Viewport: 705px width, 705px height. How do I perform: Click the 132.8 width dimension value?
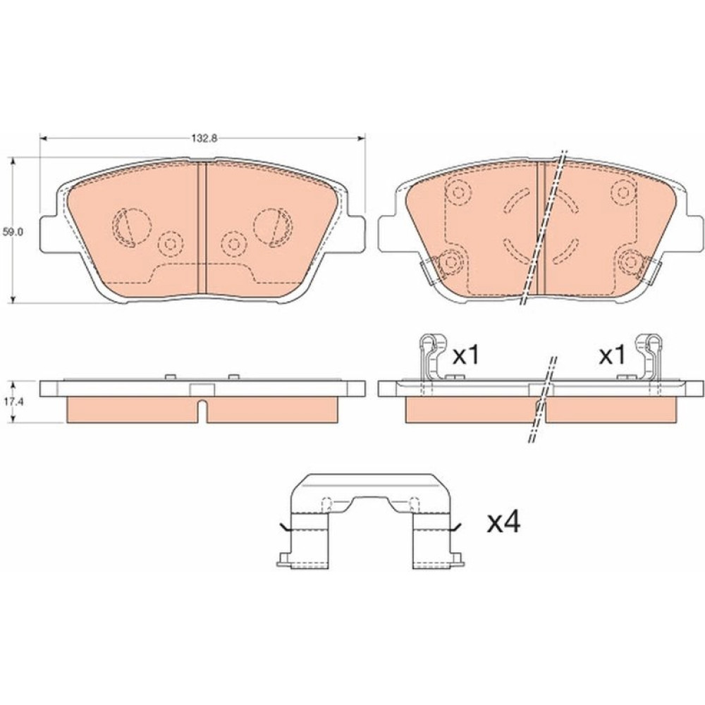204,138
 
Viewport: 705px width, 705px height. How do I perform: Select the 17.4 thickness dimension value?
13,402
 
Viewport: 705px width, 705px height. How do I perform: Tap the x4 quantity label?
504,523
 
